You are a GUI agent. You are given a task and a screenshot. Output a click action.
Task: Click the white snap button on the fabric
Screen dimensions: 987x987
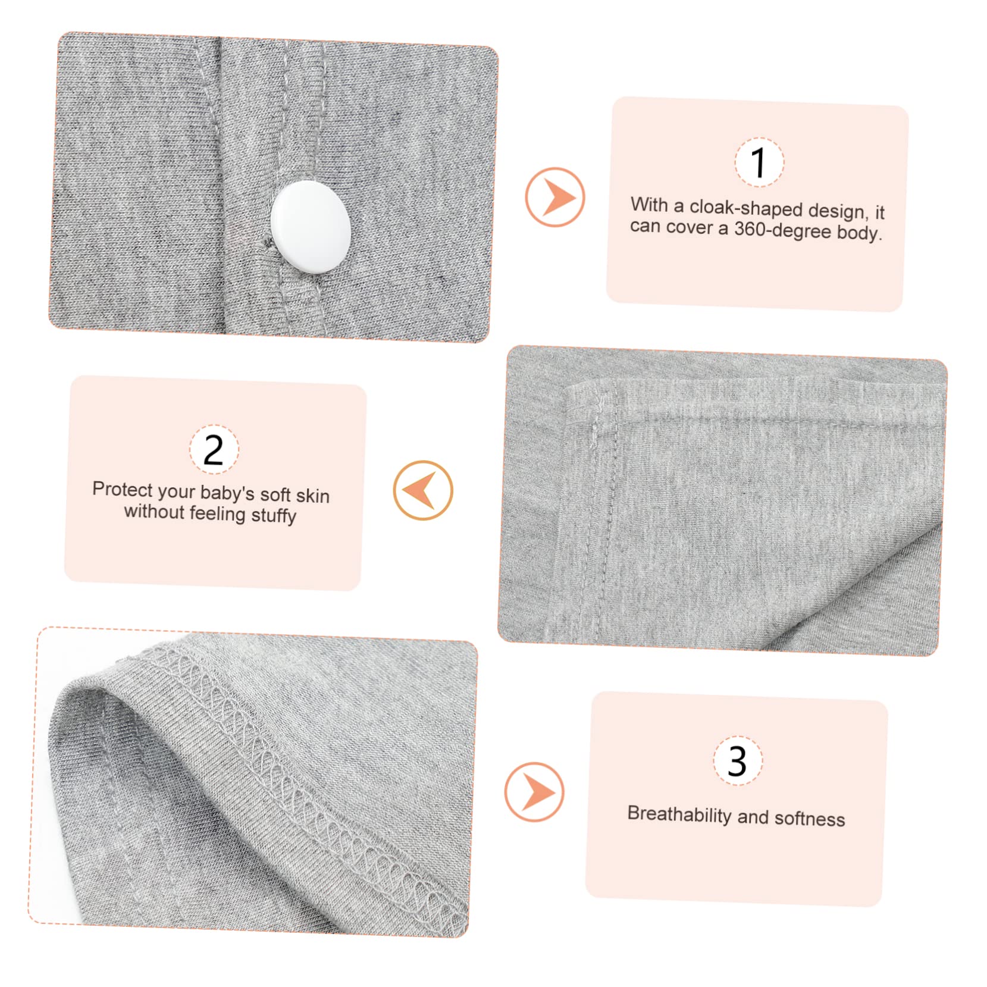pyautogui.click(x=311, y=227)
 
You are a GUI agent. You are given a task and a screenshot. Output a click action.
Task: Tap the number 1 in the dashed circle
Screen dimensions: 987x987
pyautogui.click(x=759, y=162)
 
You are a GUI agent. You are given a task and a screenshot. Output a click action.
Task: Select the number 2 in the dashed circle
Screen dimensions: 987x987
pyautogui.click(x=214, y=450)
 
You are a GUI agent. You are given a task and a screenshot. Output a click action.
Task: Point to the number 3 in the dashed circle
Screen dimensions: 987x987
pyautogui.click(x=737, y=761)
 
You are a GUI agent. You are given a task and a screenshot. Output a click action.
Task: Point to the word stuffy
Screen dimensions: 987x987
pyautogui.click(x=274, y=515)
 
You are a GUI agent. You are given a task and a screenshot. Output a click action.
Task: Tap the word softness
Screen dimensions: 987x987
pyautogui.click(x=809, y=819)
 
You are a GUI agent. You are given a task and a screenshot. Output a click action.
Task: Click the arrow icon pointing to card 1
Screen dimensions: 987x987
pyautogui.click(x=554, y=197)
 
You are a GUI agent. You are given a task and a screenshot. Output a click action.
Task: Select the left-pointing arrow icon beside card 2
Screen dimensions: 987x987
pyautogui.click(x=422, y=490)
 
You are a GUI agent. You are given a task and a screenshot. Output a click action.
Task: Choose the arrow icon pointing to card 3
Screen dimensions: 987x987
pyautogui.click(x=534, y=792)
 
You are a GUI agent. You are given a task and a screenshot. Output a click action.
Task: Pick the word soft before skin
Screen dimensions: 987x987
pyautogui.click(x=275, y=494)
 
